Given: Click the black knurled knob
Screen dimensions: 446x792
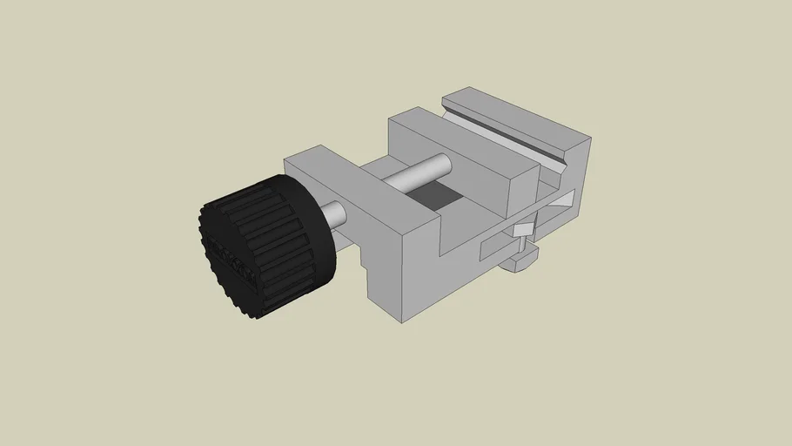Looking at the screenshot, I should tap(265, 244).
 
